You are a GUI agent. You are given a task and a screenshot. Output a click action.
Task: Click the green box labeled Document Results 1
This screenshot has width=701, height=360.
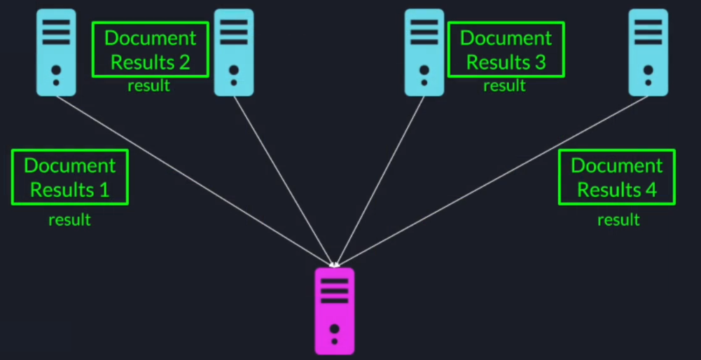point(70,177)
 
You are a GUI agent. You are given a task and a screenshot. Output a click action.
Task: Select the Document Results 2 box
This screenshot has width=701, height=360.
point(150,49)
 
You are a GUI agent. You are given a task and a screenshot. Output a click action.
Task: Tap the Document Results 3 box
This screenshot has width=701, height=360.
point(506,49)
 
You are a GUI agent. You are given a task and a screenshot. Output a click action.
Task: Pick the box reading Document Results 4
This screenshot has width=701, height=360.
point(616,177)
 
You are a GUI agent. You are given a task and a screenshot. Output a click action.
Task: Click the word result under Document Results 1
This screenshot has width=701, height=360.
point(69,220)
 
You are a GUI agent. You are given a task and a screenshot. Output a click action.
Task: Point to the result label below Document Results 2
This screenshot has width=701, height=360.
point(148,86)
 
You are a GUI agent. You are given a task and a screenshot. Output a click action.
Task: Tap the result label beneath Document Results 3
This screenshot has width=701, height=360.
point(504,86)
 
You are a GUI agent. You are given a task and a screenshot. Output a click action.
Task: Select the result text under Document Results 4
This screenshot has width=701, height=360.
point(618,220)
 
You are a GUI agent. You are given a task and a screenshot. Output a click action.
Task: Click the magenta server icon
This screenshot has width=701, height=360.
point(335,311)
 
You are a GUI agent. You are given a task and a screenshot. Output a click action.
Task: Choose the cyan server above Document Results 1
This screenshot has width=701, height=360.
point(56,53)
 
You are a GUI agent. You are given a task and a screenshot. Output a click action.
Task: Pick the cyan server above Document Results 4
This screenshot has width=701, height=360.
point(648,53)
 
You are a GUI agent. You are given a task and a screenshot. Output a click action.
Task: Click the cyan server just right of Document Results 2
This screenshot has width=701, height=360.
point(234,53)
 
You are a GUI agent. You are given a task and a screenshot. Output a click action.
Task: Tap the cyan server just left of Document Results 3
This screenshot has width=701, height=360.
point(424,53)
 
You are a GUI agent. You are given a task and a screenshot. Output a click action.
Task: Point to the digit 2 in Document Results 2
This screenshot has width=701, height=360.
point(184,62)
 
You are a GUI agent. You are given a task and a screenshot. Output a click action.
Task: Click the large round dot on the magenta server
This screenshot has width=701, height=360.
point(335,328)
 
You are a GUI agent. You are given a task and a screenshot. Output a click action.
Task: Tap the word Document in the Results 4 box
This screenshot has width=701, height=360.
point(616,166)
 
